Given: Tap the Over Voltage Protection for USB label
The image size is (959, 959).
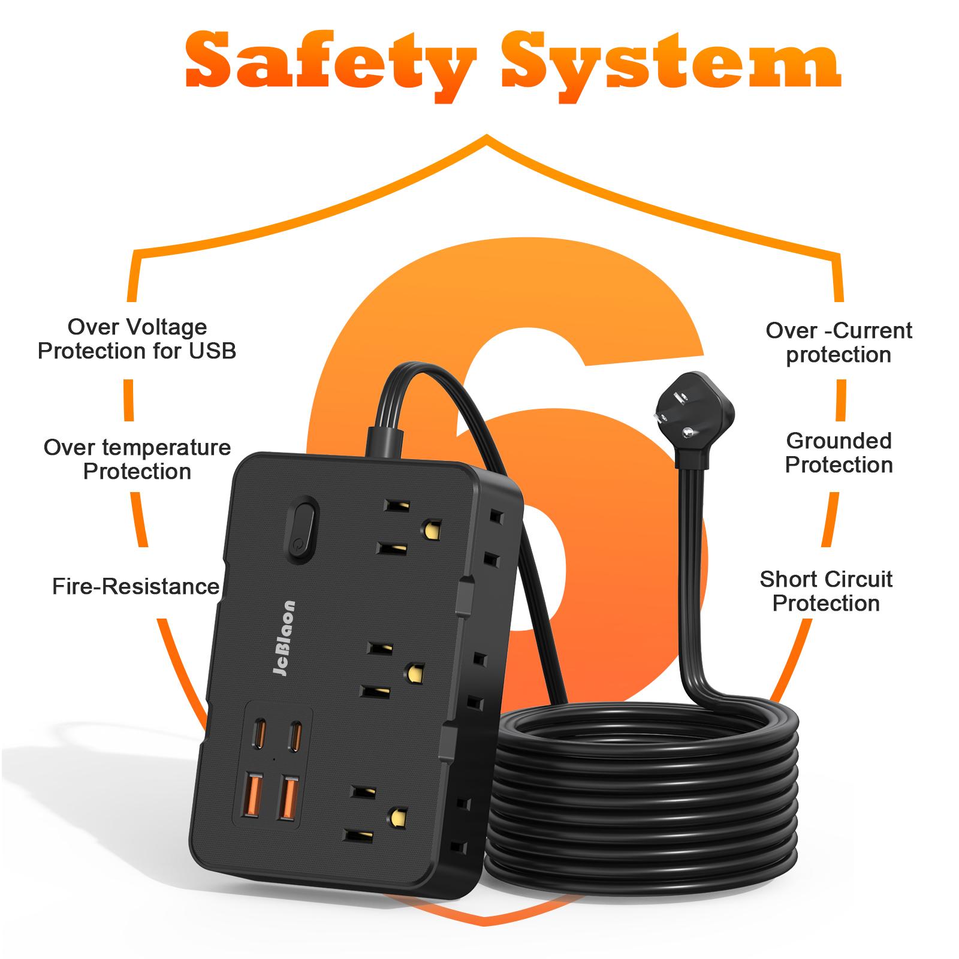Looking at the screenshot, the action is pyautogui.click(x=137, y=339).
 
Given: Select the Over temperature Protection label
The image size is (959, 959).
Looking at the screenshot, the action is pyautogui.click(x=137, y=460).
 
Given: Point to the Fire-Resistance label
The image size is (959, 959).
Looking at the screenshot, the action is pyautogui.click(x=135, y=586).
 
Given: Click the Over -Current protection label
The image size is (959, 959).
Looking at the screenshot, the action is pyautogui.click(x=839, y=342).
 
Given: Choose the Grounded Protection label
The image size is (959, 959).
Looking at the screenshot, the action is pyautogui.click(x=839, y=453).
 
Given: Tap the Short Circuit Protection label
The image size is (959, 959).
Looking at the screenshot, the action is pyautogui.click(x=826, y=591).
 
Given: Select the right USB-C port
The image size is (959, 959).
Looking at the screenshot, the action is pyautogui.click(x=294, y=737).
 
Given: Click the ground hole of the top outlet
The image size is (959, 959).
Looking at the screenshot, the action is pyautogui.click(x=431, y=529).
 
